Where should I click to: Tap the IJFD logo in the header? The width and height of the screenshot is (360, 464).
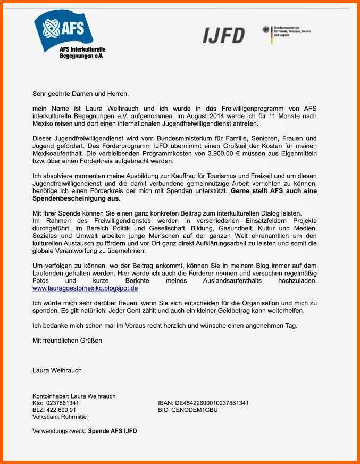coord(223,35)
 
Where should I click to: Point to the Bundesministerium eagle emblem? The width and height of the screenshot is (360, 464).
coord(267,32)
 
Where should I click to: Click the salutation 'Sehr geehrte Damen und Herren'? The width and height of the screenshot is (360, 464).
coord(80,93)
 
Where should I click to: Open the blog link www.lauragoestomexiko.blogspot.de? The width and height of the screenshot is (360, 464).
coord(85,288)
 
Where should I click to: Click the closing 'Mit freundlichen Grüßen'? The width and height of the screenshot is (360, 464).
coord(67,340)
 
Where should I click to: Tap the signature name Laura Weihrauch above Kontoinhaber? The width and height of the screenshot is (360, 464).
coord(57,370)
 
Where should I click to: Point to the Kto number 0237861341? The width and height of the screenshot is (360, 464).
coord(63,403)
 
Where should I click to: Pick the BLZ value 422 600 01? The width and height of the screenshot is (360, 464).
coord(61,410)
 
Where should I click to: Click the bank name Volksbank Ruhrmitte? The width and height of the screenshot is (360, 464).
coord(60,417)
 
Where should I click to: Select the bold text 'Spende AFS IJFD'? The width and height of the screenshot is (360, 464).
coord(112,430)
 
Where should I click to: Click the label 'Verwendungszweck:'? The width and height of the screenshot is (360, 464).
coord(59,430)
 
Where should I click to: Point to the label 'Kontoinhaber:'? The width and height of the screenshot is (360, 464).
coord(51,396)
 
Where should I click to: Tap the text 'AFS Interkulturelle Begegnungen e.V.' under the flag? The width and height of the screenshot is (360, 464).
coord(82,52)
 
